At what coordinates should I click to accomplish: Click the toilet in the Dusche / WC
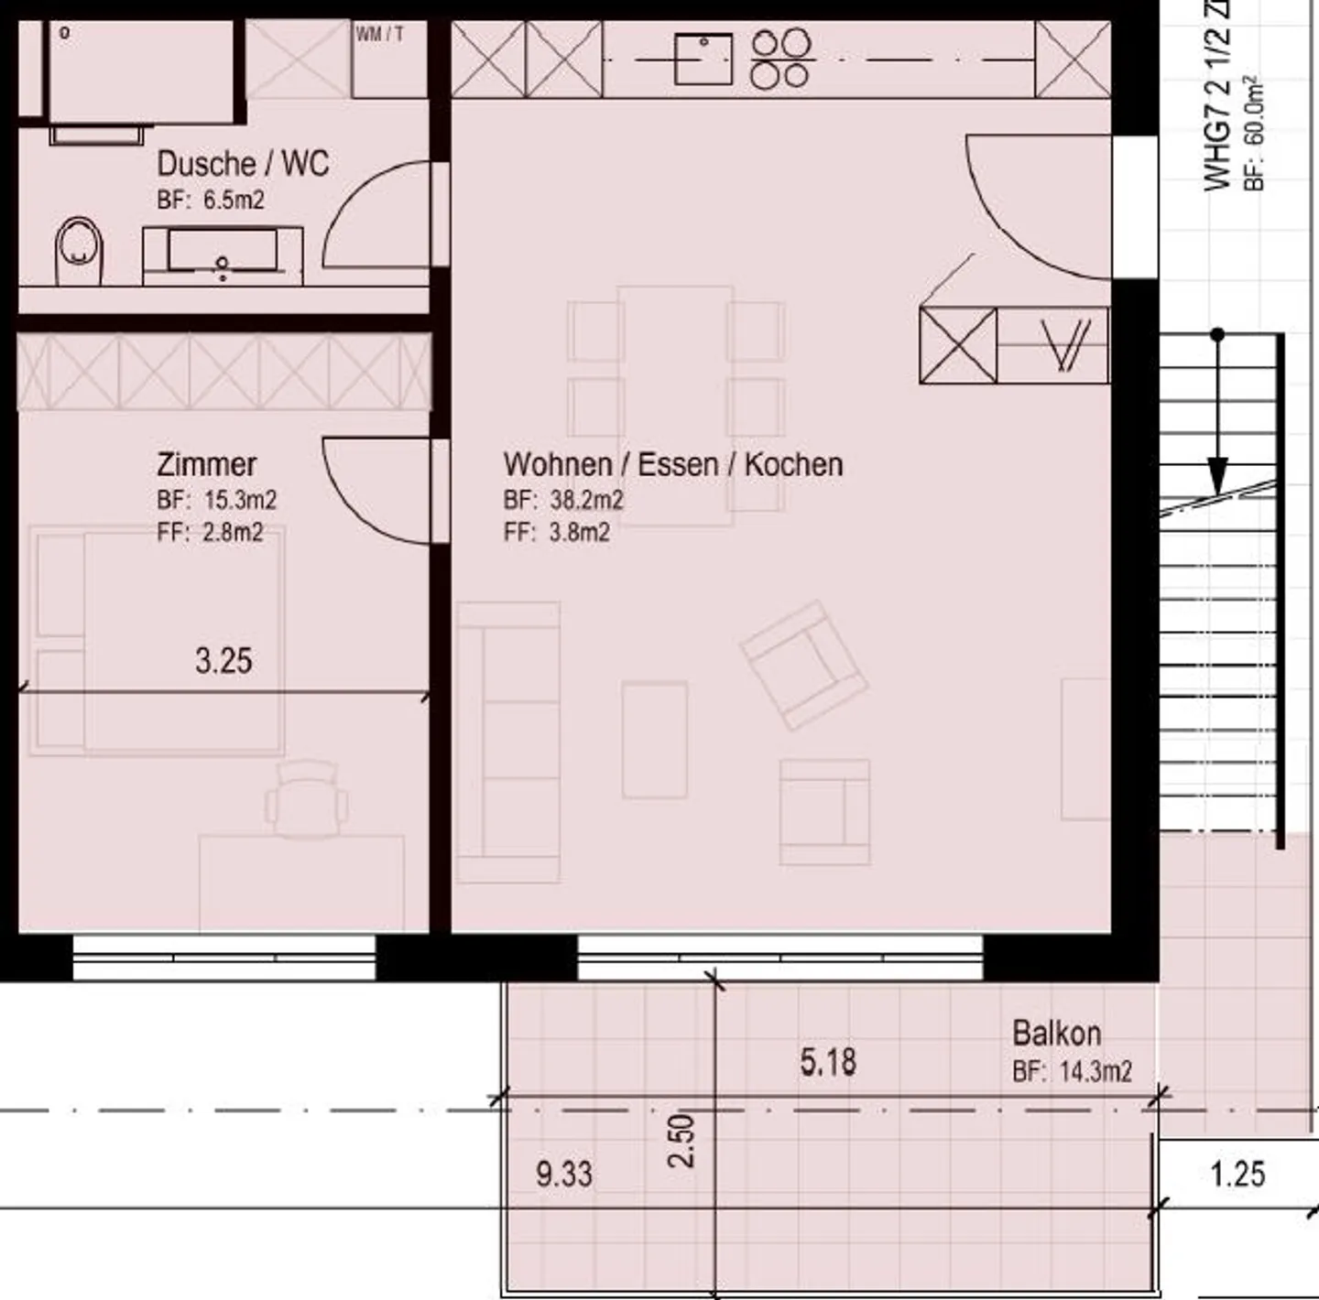[81, 251]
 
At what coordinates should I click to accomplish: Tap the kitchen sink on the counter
[703, 59]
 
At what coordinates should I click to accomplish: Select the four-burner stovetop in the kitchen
[781, 59]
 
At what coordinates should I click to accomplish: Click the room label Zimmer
[206, 464]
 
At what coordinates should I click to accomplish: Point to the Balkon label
[1056, 1034]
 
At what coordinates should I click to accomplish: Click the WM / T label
[379, 35]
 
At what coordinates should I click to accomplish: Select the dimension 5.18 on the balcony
[828, 1062]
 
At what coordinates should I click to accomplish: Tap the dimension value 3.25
[223, 660]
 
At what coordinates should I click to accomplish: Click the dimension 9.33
[564, 1174]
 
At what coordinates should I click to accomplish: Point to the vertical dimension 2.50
[682, 1140]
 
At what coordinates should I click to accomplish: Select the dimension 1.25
[1237, 1174]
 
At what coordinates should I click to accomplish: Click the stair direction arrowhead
[1217, 475]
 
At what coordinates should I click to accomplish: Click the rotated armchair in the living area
[803, 665]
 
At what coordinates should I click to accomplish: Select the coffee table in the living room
[654, 740]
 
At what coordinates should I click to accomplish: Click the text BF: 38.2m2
[563, 500]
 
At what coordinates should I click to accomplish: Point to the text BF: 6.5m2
[211, 200]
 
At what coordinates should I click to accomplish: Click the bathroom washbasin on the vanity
[222, 253]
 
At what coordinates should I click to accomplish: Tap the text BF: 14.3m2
[1072, 1070]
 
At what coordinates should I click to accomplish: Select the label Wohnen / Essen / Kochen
[672, 464]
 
